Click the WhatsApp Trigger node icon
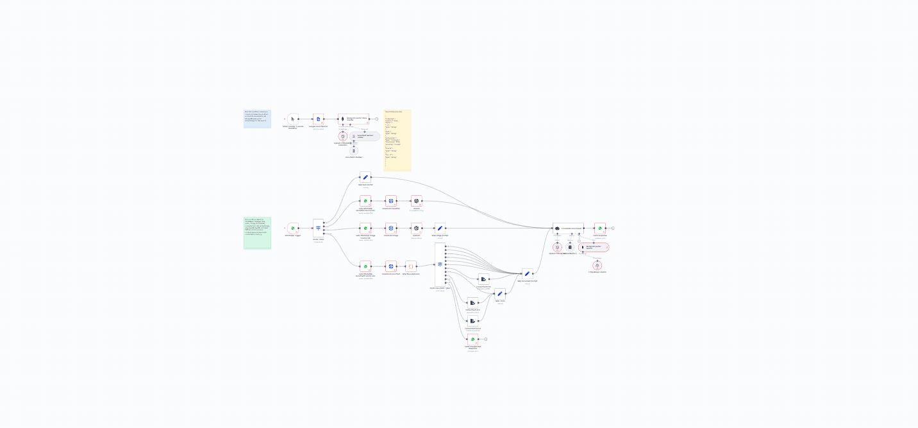point(293,228)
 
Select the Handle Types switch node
point(319,228)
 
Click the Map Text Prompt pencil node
point(365,176)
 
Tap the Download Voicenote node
point(390,201)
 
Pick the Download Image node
point(390,228)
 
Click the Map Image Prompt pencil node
point(440,228)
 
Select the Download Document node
point(390,266)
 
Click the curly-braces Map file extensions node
point(411,266)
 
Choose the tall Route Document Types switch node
point(440,264)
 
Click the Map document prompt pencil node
point(527,273)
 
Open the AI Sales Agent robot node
point(567,228)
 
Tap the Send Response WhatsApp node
point(600,228)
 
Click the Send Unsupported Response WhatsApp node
point(472,339)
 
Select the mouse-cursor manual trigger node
point(293,119)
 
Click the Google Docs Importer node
point(318,119)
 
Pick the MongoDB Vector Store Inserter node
point(353,119)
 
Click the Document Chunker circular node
point(354,150)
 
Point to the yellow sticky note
point(397,141)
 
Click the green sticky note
point(257,233)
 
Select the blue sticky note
point(257,119)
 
